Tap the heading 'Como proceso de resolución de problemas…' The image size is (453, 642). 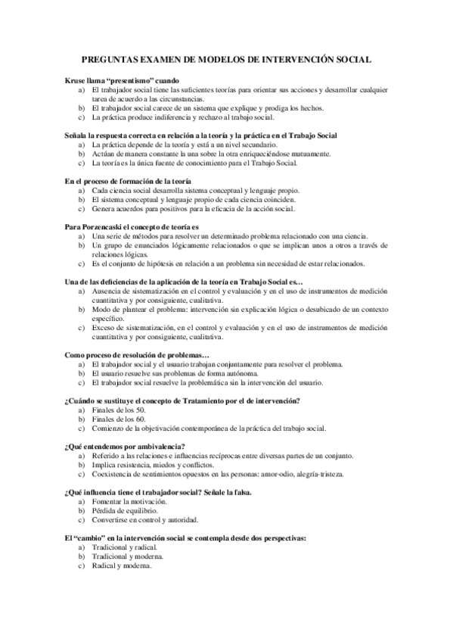(137, 355)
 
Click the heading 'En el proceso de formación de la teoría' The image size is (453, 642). (127, 182)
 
